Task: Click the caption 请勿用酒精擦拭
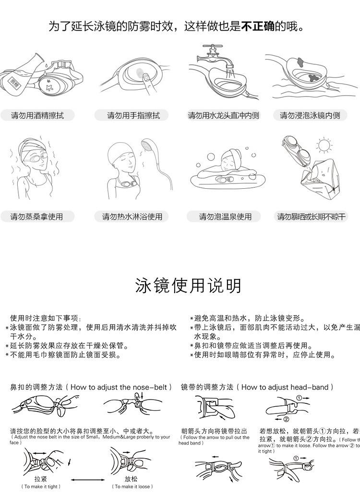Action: click(x=37, y=115)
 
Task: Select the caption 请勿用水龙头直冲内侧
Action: click(x=223, y=115)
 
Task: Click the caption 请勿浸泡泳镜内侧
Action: click(x=310, y=115)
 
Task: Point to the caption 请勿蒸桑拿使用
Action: click(x=37, y=217)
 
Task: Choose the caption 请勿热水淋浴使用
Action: click(x=132, y=217)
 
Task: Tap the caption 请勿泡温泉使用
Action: click(x=225, y=217)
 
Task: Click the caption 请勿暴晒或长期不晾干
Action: click(x=311, y=217)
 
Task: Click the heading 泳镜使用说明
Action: click(x=188, y=286)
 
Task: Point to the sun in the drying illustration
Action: click(x=324, y=145)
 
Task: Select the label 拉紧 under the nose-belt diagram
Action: click(x=41, y=479)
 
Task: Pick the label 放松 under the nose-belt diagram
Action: click(x=131, y=479)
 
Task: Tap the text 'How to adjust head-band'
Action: click(x=287, y=387)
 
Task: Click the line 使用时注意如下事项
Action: click(x=46, y=318)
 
